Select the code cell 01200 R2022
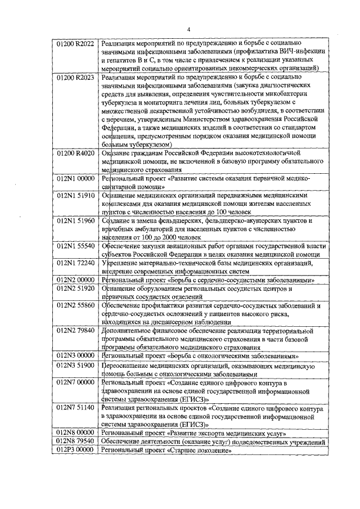tap(76, 43)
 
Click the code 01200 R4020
tap(76, 152)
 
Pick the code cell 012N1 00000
tap(76, 178)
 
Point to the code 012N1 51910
tap(76, 195)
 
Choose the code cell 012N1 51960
tap(76, 221)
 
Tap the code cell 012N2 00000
tap(76, 280)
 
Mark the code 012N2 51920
tap(76, 288)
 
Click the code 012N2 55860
tap(76, 305)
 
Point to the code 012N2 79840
tap(76, 331)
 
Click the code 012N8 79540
tap(76, 442)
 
